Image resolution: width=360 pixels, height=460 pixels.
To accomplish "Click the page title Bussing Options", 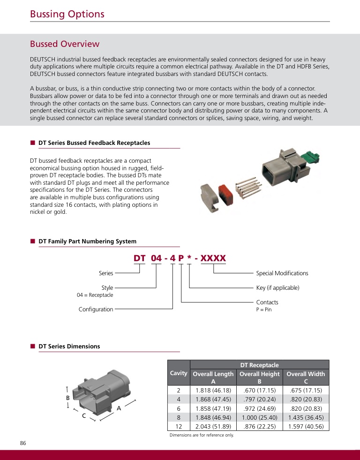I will tap(67, 14).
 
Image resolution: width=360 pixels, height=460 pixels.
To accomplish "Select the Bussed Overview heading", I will tap(65, 44).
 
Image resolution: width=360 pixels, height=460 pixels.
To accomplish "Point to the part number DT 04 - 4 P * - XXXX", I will tap(180, 258).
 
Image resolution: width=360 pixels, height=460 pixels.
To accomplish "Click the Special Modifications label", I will tap(282, 273).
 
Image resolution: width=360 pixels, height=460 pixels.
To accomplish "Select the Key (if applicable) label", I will tap(277, 287).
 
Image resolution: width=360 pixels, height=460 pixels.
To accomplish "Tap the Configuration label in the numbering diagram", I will tap(96, 309).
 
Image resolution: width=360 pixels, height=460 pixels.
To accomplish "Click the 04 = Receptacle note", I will tap(95, 295).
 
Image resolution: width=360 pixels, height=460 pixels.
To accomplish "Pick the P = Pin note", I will tap(264, 309).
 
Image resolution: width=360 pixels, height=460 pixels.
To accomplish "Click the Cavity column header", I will tap(179, 373).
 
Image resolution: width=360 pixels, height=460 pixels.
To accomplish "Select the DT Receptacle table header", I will tap(259, 365).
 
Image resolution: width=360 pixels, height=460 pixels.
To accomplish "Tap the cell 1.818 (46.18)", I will tap(213, 390).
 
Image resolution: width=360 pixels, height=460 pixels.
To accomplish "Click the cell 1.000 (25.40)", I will tap(259, 417).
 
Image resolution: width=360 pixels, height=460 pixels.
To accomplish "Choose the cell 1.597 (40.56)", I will tap(306, 427).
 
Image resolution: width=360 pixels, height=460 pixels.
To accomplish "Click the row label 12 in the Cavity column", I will tap(179, 427).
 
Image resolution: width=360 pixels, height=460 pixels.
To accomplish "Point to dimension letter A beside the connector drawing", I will tap(119, 408).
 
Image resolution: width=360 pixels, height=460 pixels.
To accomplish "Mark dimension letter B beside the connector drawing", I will tap(67, 398).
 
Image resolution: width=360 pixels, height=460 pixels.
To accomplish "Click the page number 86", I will tap(23, 443).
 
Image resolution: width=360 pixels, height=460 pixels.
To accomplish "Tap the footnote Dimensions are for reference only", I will tap(202, 435).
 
